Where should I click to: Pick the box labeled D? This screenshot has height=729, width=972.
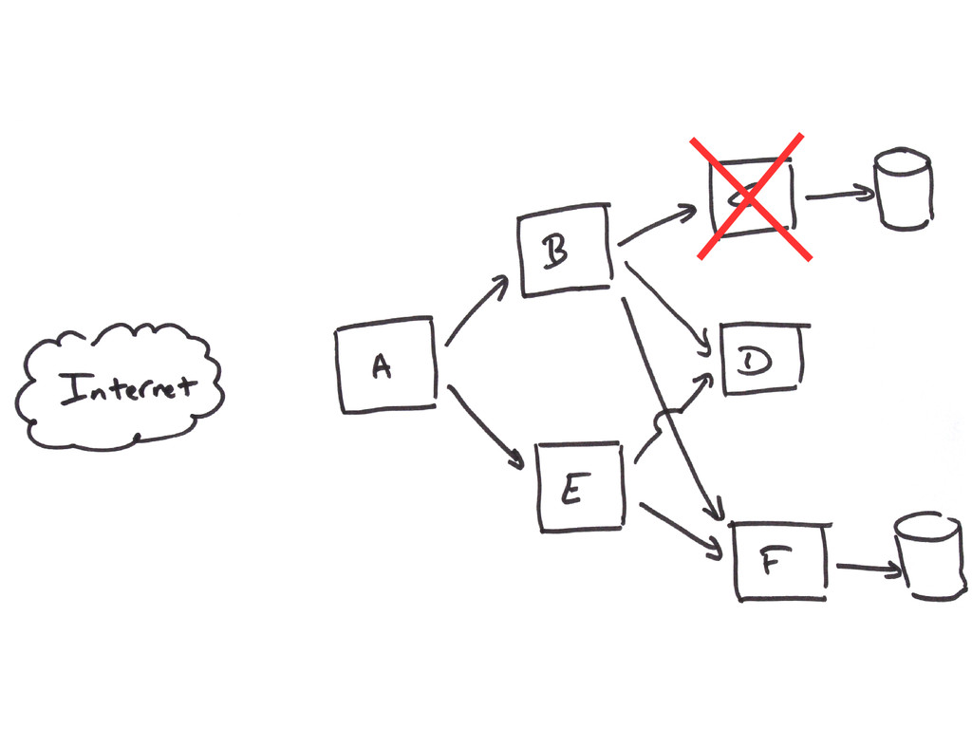762,360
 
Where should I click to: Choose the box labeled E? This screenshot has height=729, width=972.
581,486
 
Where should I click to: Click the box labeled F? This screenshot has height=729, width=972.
781,560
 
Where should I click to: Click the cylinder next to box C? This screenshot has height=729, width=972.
903,189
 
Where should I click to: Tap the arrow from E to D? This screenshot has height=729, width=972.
676,409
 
